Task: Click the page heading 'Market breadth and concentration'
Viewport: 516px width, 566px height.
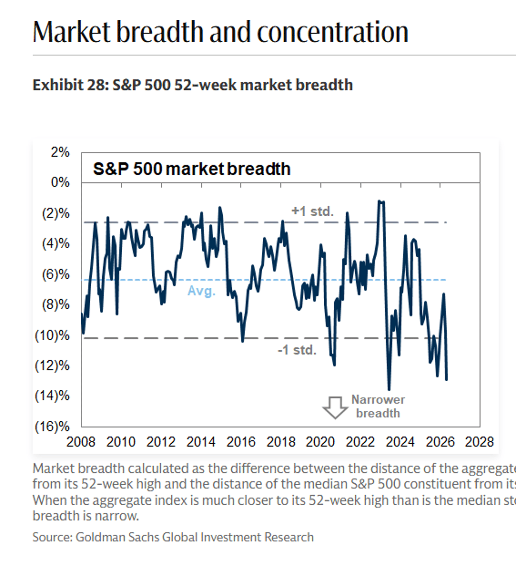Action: (220, 32)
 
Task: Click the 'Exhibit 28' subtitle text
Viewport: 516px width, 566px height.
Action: (193, 85)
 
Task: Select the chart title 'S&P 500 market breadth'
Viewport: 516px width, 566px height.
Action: (192, 169)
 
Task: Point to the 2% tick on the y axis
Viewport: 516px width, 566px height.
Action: (60, 152)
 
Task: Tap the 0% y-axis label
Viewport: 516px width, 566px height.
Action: (60, 182)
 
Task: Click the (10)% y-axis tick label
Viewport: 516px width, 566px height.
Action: (52, 335)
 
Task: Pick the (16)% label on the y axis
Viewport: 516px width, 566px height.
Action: (52, 426)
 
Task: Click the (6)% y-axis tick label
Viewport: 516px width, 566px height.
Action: (55, 274)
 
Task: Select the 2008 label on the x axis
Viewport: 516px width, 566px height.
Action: (81, 442)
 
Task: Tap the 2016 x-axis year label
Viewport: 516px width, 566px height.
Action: (241, 442)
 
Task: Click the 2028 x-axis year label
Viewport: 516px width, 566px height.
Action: (479, 442)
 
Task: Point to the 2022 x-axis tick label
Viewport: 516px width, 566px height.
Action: (360, 442)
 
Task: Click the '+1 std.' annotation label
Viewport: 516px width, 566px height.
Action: (313, 211)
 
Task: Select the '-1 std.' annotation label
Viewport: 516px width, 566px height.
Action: (297, 350)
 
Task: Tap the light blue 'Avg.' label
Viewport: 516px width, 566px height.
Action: (201, 291)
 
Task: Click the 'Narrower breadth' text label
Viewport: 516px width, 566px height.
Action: (378, 406)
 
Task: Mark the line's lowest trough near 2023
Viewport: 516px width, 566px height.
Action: (389, 389)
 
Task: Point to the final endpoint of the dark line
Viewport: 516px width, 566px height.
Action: (446, 379)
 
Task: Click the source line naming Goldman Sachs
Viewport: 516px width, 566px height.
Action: (173, 537)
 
